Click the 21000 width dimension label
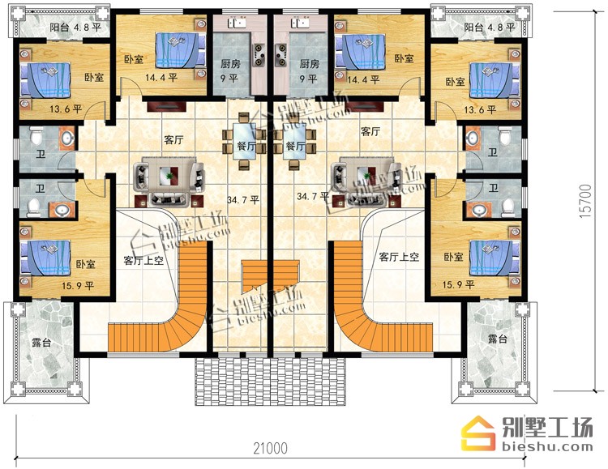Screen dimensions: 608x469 pyautogui.click(x=271, y=448)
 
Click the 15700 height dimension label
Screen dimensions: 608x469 pyautogui.click(x=585, y=201)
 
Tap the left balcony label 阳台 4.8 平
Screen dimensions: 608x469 pyautogui.click(x=75, y=28)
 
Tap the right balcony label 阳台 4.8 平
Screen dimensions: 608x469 pyautogui.click(x=490, y=27)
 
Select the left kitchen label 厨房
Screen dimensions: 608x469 pyautogui.click(x=230, y=63)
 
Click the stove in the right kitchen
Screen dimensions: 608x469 pyautogui.click(x=280, y=54)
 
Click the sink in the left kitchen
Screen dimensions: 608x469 pyautogui.click(x=237, y=23)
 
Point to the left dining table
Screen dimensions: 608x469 pyautogui.click(x=243, y=141)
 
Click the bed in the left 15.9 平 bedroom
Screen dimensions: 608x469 pyautogui.click(x=46, y=258)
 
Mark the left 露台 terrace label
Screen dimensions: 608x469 pyautogui.click(x=41, y=343)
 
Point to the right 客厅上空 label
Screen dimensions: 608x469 pyautogui.click(x=399, y=257)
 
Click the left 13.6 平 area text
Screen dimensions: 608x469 pyautogui.click(x=66, y=109)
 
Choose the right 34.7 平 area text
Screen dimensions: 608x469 pyautogui.click(x=313, y=197)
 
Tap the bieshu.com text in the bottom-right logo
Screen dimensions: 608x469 pyautogui.click(x=547, y=447)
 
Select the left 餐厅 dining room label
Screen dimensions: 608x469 pyautogui.click(x=246, y=146)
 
